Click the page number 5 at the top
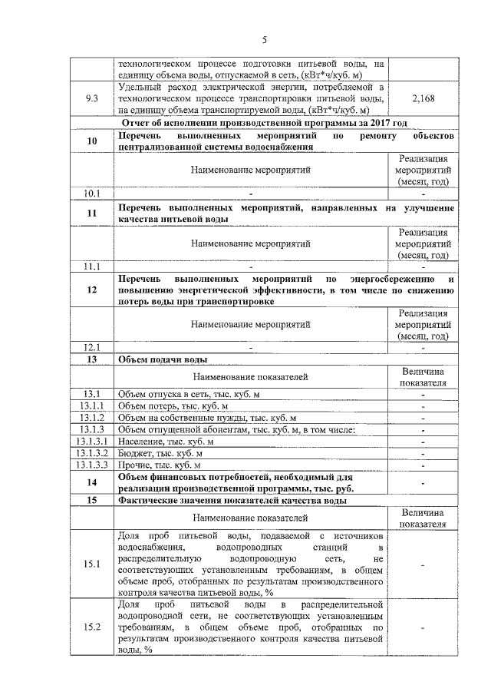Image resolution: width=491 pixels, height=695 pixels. point(263,40)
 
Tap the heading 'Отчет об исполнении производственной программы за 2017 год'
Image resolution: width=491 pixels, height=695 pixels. point(263,123)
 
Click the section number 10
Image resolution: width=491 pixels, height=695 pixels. point(92,141)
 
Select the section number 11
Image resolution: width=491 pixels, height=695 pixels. point(92,214)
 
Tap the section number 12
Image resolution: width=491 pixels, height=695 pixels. point(92,290)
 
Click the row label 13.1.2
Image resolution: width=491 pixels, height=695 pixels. point(92,417)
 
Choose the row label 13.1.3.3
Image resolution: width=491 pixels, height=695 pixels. point(92,465)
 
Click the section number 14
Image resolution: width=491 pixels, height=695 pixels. point(92,482)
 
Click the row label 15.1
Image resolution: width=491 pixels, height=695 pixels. point(92,564)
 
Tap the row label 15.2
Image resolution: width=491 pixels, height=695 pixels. point(92,627)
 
